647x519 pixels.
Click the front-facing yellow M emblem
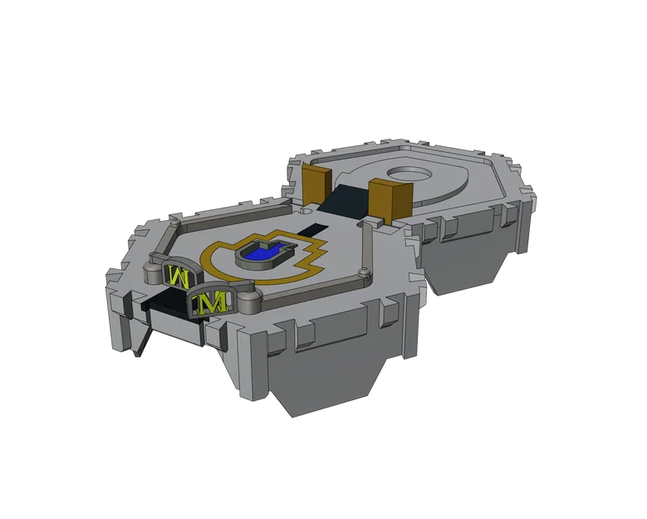210,302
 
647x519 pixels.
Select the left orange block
317,184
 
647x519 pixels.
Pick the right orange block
390,198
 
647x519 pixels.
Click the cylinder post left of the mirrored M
152,272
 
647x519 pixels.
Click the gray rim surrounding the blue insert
249,260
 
